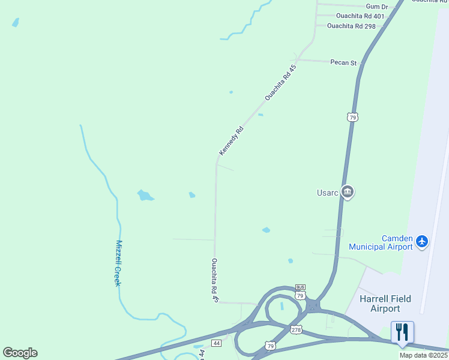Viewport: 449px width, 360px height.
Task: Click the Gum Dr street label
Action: tap(376, 7)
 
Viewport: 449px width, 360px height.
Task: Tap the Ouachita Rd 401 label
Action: tap(360, 16)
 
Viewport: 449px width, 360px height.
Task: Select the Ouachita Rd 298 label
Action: tap(351, 26)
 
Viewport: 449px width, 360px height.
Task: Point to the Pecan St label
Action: tap(343, 62)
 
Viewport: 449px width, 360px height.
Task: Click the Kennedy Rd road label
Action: tap(231, 140)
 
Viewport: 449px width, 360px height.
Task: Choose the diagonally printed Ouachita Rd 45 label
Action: tap(281, 82)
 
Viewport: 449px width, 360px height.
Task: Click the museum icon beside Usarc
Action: tap(347, 192)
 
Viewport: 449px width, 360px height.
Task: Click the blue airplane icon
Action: tap(422, 241)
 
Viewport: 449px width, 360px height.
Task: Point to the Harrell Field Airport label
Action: tap(379, 304)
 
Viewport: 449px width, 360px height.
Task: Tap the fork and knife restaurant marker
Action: tap(402, 332)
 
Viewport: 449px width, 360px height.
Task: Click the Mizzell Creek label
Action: tap(118, 263)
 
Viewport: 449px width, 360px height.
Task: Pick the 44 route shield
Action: tap(217, 343)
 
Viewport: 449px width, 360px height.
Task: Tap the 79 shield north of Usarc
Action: tap(352, 116)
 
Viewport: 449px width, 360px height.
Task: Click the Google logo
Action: tap(20, 353)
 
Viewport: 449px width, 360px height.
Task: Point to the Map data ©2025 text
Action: tap(424, 355)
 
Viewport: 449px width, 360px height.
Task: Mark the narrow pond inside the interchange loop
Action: tap(282, 306)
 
